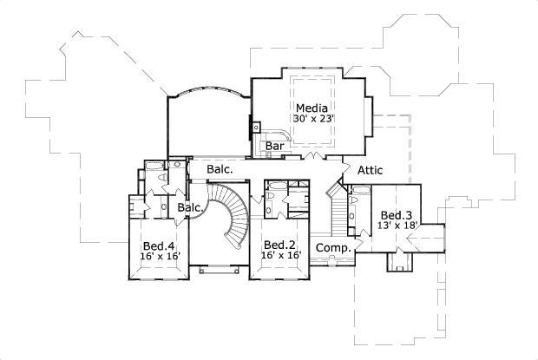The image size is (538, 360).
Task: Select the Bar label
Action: (276, 146)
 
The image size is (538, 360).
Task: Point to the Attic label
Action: (370, 170)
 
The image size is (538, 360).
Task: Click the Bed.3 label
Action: (396, 214)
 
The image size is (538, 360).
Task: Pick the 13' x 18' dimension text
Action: (398, 226)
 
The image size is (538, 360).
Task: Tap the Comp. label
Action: (332, 248)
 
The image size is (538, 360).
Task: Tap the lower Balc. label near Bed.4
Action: (190, 208)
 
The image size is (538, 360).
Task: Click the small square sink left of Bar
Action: (256, 127)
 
